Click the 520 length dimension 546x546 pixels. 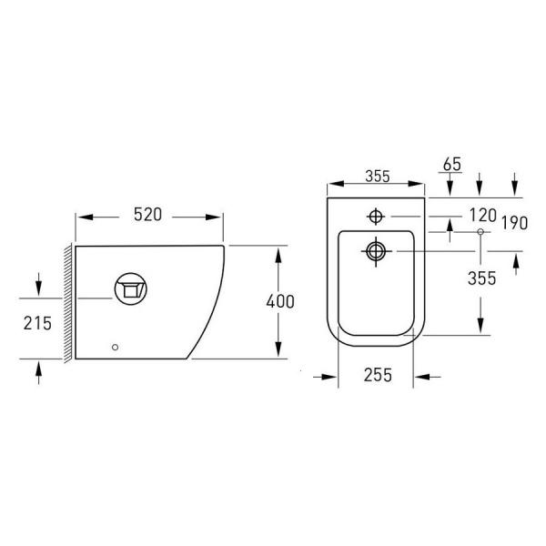tap(148, 215)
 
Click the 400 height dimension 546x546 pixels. tap(280, 301)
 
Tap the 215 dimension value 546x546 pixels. tap(37, 323)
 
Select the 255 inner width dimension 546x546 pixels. tap(378, 375)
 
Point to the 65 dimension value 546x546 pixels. tap(452, 165)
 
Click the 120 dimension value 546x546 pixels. tap(482, 215)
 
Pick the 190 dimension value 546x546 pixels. tap(515, 223)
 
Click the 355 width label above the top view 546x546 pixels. tap(378, 177)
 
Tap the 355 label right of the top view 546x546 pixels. tap(482, 278)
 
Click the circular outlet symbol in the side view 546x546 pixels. tap(130, 289)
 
